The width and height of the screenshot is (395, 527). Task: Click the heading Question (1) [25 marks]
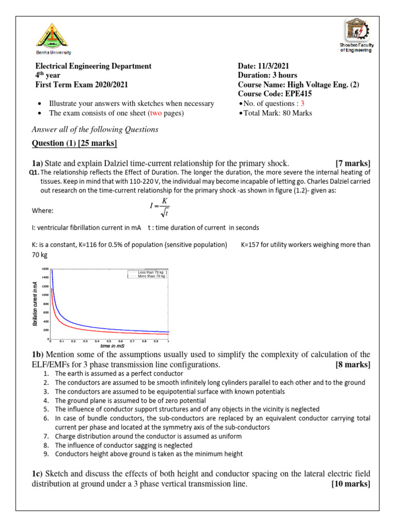tap(75, 143)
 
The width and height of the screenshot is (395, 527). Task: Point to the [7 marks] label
tap(352, 163)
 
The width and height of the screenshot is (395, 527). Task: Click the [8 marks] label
tap(352, 364)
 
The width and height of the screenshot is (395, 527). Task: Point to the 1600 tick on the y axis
tap(45, 269)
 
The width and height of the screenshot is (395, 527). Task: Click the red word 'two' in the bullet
tap(156, 113)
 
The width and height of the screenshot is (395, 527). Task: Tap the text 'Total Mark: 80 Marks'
tap(277, 113)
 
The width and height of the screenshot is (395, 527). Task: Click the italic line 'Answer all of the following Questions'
tap(95, 129)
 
